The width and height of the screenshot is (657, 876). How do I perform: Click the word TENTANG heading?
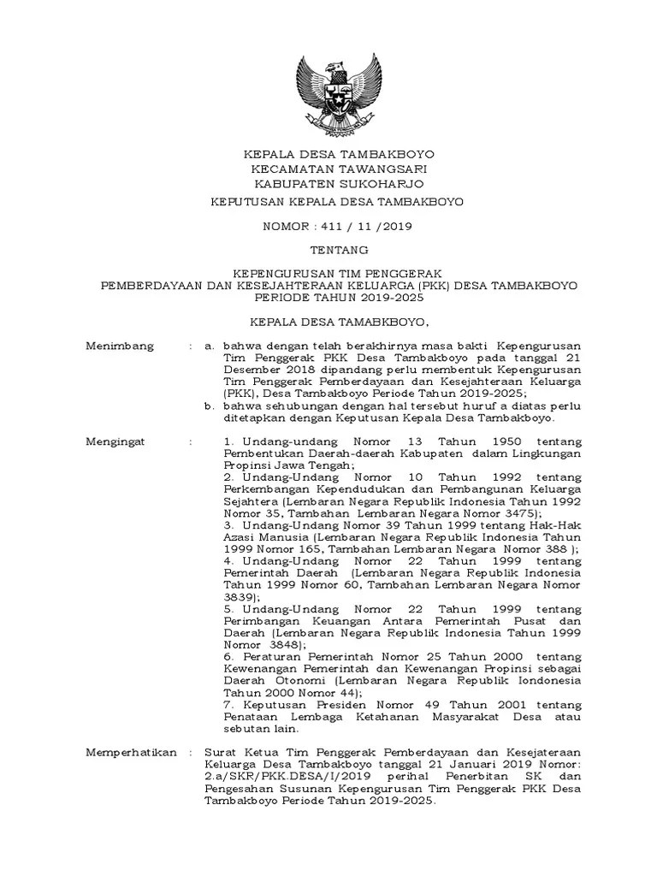coord(339,250)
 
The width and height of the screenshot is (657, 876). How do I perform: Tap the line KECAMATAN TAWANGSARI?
coord(339,169)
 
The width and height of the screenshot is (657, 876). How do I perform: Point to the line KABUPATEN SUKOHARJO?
coord(339,183)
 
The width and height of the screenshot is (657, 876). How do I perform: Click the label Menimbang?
coord(120,346)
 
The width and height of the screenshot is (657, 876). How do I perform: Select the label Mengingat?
coord(116,441)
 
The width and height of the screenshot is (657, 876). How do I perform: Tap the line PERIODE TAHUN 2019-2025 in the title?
coord(339,298)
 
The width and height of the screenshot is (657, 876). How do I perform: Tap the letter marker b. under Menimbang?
coord(209,406)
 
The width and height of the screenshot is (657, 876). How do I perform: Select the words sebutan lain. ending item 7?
coord(261,730)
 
